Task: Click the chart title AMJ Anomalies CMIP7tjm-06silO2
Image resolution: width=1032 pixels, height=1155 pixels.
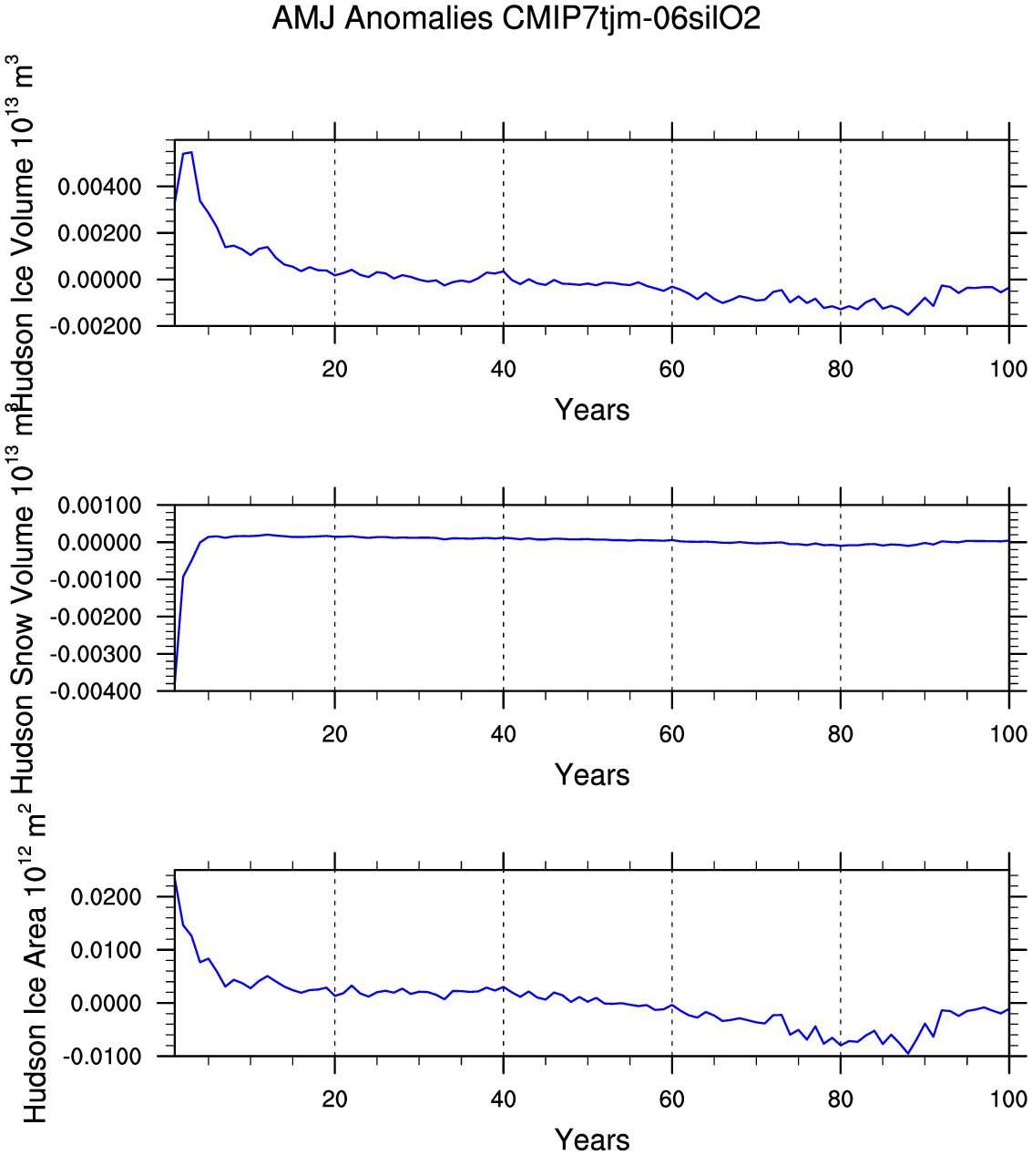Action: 516,19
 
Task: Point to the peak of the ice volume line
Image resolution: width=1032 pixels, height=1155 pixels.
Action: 190,152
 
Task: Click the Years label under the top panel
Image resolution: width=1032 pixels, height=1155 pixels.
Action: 592,410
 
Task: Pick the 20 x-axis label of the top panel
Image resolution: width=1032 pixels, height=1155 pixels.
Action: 335,369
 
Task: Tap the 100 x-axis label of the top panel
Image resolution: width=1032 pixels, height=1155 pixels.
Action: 1008,369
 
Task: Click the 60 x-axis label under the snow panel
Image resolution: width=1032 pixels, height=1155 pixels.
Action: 671,734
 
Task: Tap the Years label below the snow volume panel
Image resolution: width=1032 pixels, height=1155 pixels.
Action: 592,775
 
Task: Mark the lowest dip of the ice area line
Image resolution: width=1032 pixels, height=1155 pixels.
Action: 907,1053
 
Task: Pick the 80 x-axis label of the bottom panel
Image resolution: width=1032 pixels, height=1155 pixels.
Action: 840,1099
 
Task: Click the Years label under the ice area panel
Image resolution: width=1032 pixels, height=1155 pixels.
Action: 592,1140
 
